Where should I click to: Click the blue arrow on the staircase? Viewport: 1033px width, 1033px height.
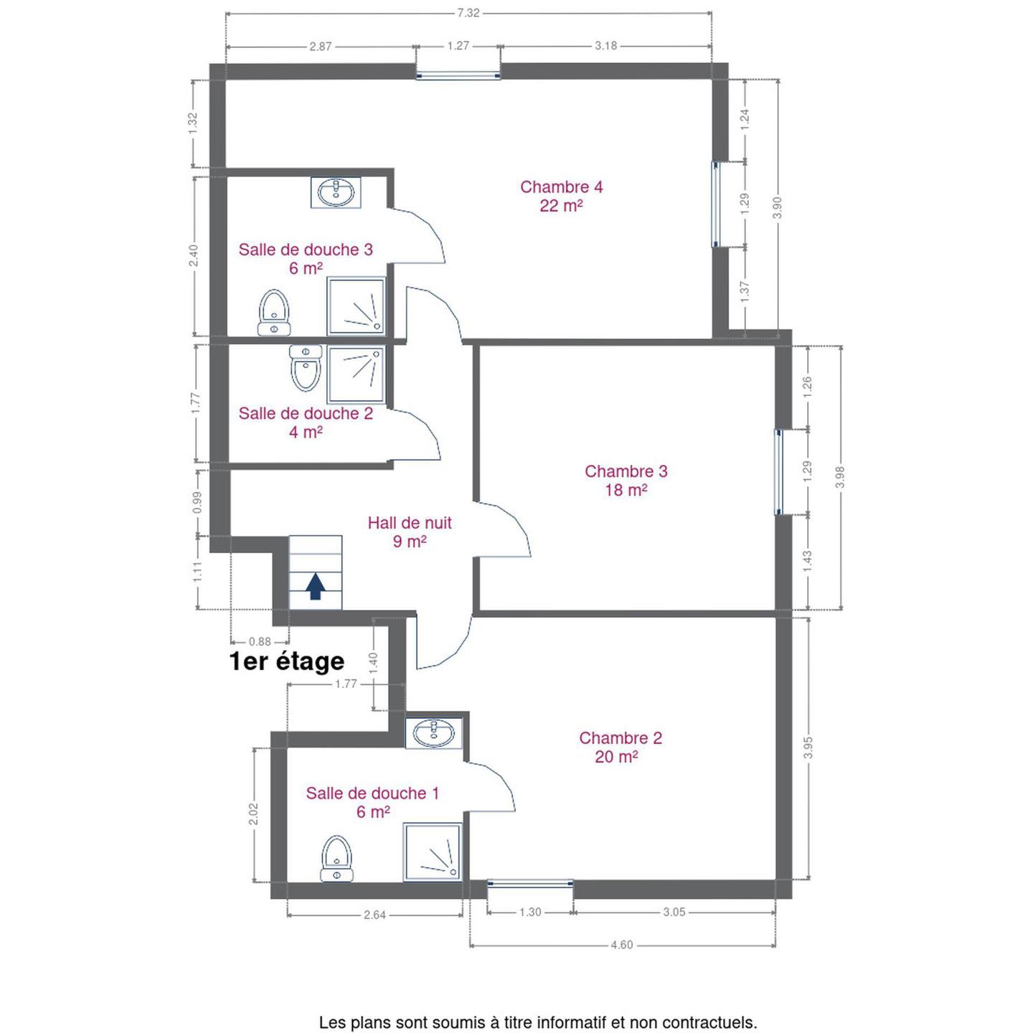pos(315,585)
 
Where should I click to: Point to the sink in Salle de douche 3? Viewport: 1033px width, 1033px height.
pos(336,192)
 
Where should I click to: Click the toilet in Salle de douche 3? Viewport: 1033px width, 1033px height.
pos(274,313)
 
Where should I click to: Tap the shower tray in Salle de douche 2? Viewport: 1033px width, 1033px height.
pos(356,374)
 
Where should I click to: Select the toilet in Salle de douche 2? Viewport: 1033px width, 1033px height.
pos(306,368)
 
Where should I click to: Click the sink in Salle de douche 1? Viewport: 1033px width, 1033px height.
pos(434,733)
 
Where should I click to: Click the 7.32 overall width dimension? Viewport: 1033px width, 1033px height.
pos(468,14)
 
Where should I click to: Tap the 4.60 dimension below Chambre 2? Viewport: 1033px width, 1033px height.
pos(622,945)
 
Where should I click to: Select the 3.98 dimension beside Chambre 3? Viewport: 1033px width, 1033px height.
pos(839,477)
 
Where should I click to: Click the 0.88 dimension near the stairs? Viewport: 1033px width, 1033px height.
pos(260,641)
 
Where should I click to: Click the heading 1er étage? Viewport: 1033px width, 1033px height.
pos(287,661)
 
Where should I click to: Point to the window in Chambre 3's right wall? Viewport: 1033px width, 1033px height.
pos(778,472)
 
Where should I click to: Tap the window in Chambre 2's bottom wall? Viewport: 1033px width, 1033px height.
pos(530,897)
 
